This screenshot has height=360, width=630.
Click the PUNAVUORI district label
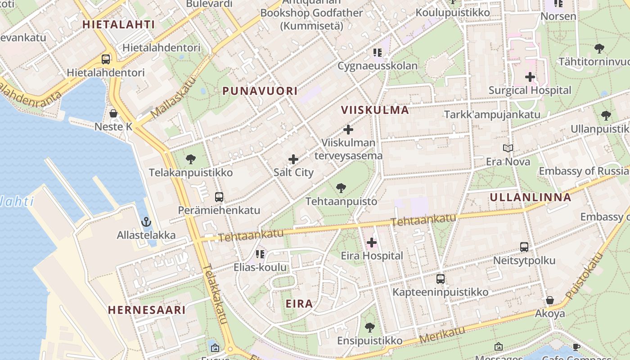pyautogui.click(x=260, y=91)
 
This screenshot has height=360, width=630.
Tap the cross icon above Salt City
pyautogui.click(x=293, y=159)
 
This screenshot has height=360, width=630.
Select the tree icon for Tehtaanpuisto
pyautogui.click(x=341, y=188)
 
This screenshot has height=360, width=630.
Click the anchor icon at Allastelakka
pyautogui.click(x=146, y=221)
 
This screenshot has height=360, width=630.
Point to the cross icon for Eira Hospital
pyautogui.click(x=371, y=243)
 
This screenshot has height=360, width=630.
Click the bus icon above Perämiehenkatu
pyautogui.click(x=219, y=197)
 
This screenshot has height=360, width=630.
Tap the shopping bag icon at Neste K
pyautogui.click(x=113, y=113)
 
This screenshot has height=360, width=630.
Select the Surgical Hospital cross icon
pyautogui.click(x=530, y=77)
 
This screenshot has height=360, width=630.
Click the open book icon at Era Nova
pyautogui.click(x=508, y=148)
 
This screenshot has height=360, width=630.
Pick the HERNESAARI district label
pyautogui.click(x=147, y=310)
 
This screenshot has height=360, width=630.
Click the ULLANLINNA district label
pyautogui.click(x=530, y=197)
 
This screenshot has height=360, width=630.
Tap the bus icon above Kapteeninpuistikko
pyautogui.click(x=440, y=279)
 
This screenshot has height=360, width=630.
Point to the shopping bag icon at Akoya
pyautogui.click(x=549, y=300)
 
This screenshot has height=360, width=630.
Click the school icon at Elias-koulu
pyautogui.click(x=260, y=254)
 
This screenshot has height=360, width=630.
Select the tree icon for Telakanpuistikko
pyautogui.click(x=190, y=159)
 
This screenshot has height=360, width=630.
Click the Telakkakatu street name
pyautogui.click(x=215, y=293)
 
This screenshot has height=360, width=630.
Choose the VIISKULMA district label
pyautogui.click(x=375, y=110)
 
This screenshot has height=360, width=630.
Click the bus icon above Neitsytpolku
pyautogui.click(x=524, y=247)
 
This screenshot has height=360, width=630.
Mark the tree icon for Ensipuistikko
pyautogui.click(x=370, y=327)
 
